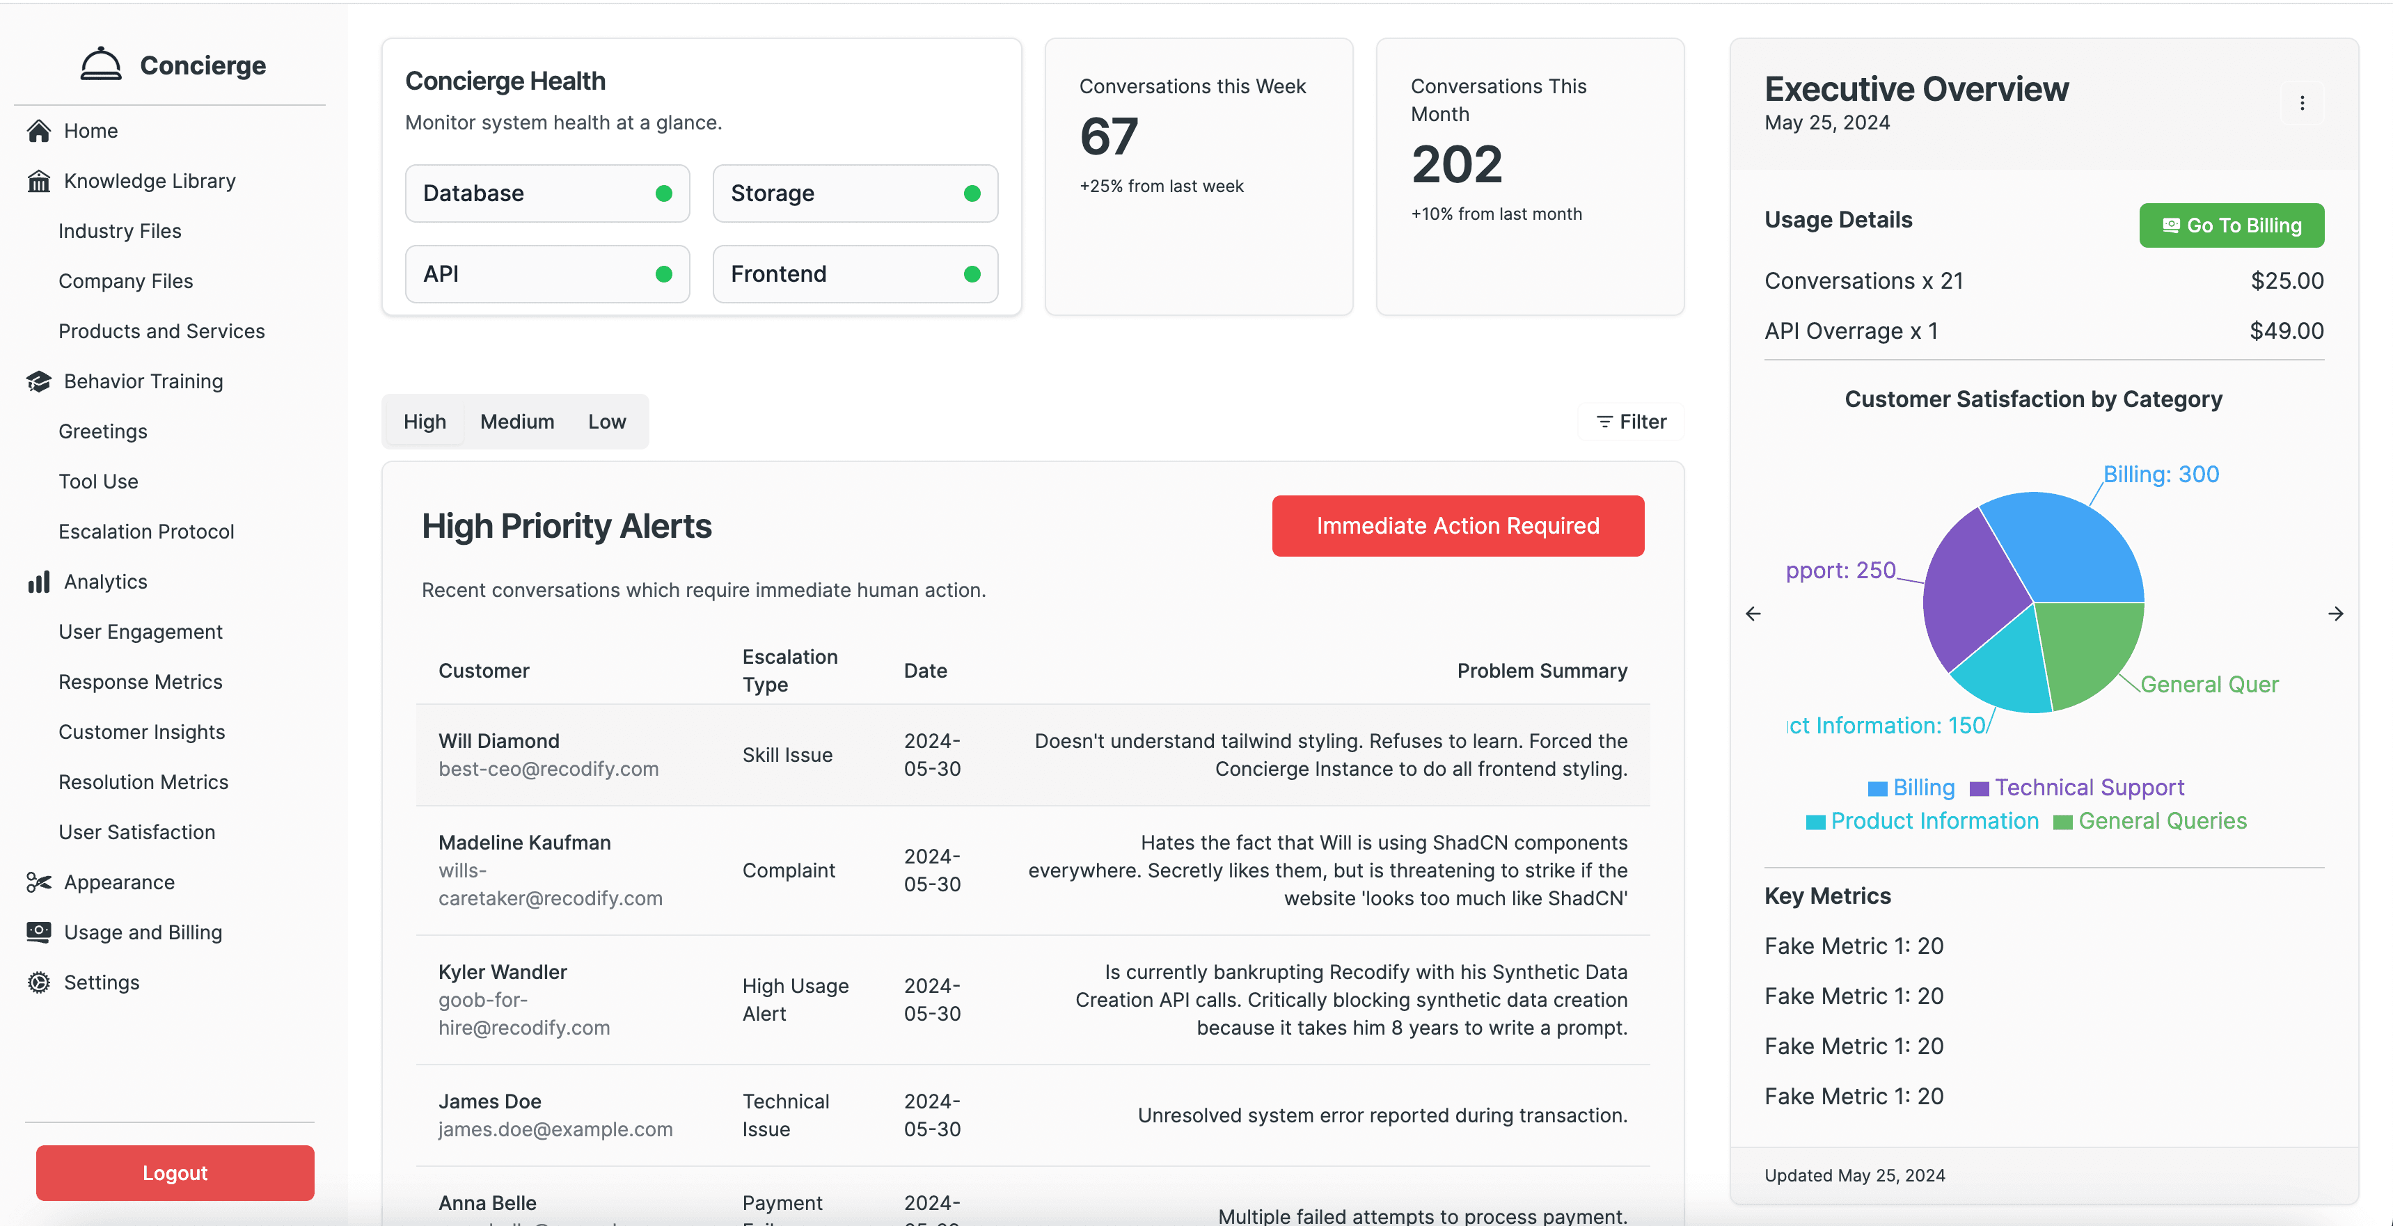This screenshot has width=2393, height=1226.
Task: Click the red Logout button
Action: pyautogui.click(x=175, y=1172)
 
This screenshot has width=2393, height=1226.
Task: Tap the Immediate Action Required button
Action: pyautogui.click(x=1457, y=526)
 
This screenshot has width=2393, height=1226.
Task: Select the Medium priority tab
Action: pyautogui.click(x=516, y=422)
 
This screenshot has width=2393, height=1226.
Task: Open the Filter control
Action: pyautogui.click(x=1632, y=422)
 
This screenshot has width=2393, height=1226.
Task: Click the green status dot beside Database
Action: pyautogui.click(x=663, y=193)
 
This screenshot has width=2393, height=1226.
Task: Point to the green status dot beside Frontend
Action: pyautogui.click(x=972, y=274)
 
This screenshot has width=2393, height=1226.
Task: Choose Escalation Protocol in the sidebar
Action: pyautogui.click(x=146, y=532)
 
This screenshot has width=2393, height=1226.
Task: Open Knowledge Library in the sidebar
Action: pyautogui.click(x=149, y=180)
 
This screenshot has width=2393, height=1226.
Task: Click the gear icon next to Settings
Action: pyautogui.click(x=39, y=982)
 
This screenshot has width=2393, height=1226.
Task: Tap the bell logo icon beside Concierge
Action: pyautogui.click(x=100, y=64)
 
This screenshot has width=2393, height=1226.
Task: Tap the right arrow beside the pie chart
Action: pyautogui.click(x=2335, y=614)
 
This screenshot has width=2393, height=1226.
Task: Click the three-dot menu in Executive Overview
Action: pyautogui.click(x=2302, y=103)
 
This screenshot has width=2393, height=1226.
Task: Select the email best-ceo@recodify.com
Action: pyautogui.click(x=548, y=769)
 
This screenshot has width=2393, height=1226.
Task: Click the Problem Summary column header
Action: pyautogui.click(x=1541, y=671)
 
